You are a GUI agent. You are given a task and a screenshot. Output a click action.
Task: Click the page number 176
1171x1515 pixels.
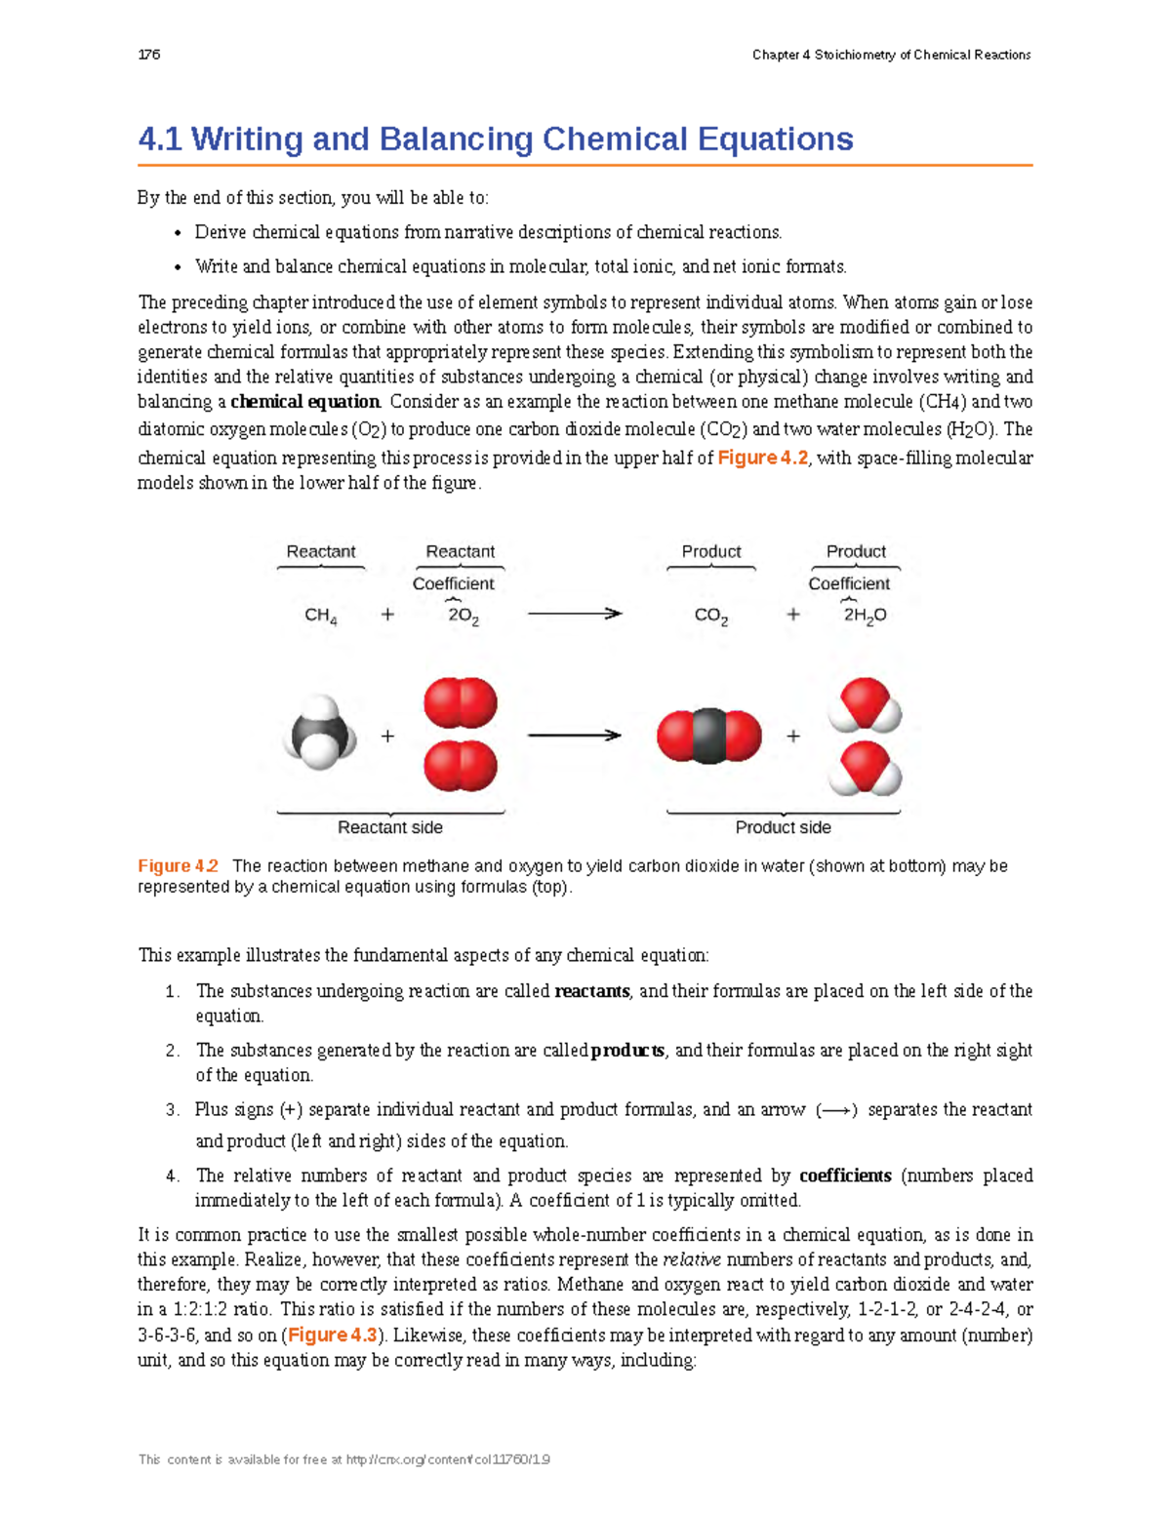coord(149,55)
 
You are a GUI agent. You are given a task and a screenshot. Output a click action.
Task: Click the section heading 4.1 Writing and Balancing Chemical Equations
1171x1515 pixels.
coord(495,140)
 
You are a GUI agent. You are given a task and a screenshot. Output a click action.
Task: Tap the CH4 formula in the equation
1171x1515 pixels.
coord(321,616)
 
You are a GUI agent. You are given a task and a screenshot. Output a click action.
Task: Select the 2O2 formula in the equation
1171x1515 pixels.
coord(464,617)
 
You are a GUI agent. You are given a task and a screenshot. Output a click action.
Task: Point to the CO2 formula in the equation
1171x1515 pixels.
coord(711,617)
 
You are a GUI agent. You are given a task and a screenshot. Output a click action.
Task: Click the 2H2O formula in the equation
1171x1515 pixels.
coord(865,616)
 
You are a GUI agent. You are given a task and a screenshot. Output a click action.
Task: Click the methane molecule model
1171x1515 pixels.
coord(319,734)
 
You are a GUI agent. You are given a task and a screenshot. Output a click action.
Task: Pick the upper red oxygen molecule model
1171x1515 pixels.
coord(461,703)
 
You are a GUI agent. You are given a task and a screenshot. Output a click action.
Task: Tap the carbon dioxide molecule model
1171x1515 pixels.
coord(709,736)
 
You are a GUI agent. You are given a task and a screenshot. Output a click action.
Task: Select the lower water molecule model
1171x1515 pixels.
coord(865,768)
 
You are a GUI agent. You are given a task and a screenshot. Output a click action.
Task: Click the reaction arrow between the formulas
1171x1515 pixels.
coord(574,614)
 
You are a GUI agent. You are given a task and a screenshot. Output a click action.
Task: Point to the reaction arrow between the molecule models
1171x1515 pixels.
coord(574,735)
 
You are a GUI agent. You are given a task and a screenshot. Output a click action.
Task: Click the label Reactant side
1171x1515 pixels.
coord(390,827)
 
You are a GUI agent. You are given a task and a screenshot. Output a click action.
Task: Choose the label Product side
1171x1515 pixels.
coord(783,827)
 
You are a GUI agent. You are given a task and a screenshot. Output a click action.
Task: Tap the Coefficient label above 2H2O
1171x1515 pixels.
coord(849,583)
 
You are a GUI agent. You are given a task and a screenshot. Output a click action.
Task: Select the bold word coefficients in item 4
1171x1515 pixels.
coord(845,1176)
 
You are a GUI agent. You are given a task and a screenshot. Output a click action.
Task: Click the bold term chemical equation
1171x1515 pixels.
coord(305,402)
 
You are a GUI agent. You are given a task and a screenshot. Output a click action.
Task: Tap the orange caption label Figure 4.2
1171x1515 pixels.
coord(178,865)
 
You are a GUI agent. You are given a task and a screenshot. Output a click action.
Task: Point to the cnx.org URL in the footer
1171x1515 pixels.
coord(448,1459)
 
